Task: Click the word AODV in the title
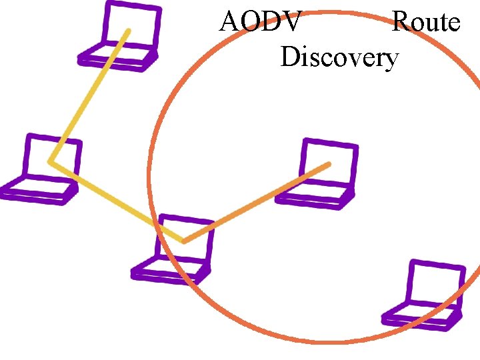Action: coord(261,22)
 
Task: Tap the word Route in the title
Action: coord(426,22)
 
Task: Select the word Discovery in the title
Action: coord(339,57)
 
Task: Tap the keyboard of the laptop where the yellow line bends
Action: coord(38,191)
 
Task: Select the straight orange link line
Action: coord(257,202)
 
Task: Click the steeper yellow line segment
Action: coord(89,96)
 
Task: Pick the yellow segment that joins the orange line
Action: coord(117,201)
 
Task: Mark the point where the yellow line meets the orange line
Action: coord(183,241)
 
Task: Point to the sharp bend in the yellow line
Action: coord(51,162)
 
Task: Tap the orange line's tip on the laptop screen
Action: coord(328,163)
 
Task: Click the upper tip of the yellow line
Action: coord(128,31)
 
